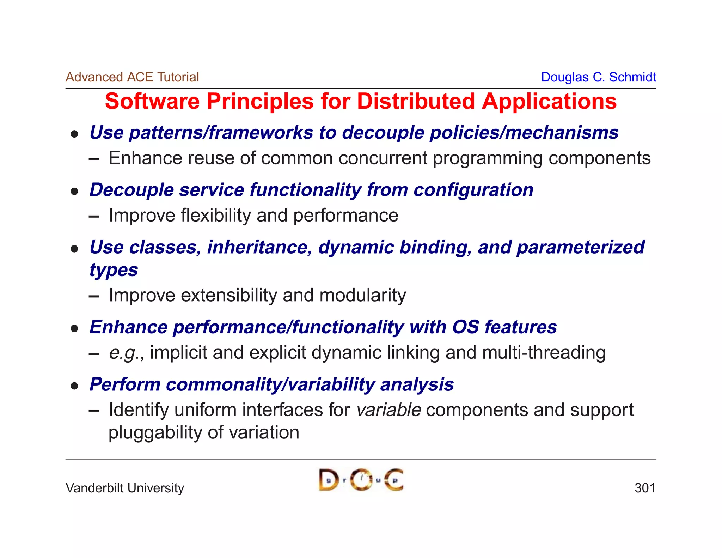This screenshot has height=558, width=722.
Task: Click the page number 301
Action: tap(644, 488)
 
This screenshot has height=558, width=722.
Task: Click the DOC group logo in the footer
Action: tap(361, 480)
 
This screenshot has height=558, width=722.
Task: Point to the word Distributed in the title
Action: tap(416, 102)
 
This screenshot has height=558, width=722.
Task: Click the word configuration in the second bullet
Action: tap(473, 190)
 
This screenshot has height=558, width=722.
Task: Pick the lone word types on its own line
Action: tap(114, 271)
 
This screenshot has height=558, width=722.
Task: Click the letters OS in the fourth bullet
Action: tap(465, 327)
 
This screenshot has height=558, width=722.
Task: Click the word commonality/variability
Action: tap(270, 384)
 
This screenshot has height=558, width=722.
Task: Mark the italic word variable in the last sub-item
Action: tap(388, 410)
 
